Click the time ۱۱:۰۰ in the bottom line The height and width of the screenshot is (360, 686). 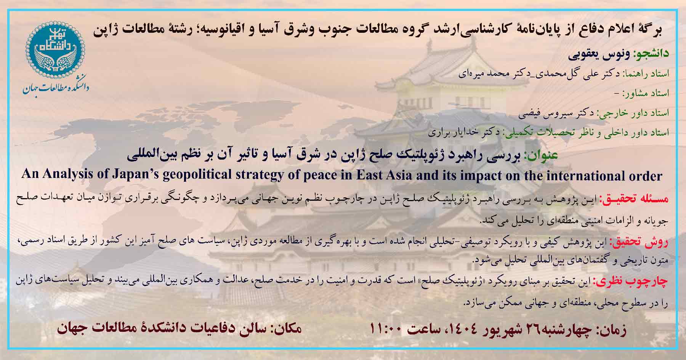click(x=386, y=328)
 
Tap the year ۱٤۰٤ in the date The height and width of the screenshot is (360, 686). click(x=457, y=329)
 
